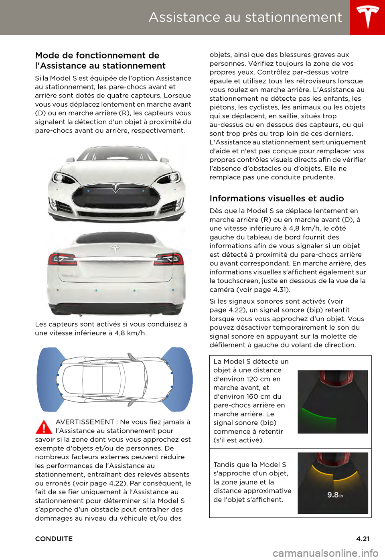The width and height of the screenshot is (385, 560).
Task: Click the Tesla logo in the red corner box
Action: pos(368,17)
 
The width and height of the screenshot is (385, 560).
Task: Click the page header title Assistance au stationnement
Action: pos(245,17)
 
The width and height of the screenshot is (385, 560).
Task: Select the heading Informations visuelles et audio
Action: pos(277,198)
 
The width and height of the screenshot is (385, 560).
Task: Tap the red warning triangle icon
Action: pos(44,427)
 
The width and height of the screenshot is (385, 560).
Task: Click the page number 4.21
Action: pos(363,539)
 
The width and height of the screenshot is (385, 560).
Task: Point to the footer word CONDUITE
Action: pos(54,539)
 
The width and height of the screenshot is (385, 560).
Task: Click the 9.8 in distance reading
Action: pos(334,495)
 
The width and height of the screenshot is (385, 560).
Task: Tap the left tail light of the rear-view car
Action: pos(62,259)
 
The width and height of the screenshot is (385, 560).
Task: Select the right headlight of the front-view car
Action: pos(168,177)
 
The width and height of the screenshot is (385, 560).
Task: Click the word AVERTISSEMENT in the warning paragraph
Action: pos(85,422)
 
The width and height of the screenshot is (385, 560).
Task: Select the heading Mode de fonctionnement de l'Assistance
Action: pos(100,61)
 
